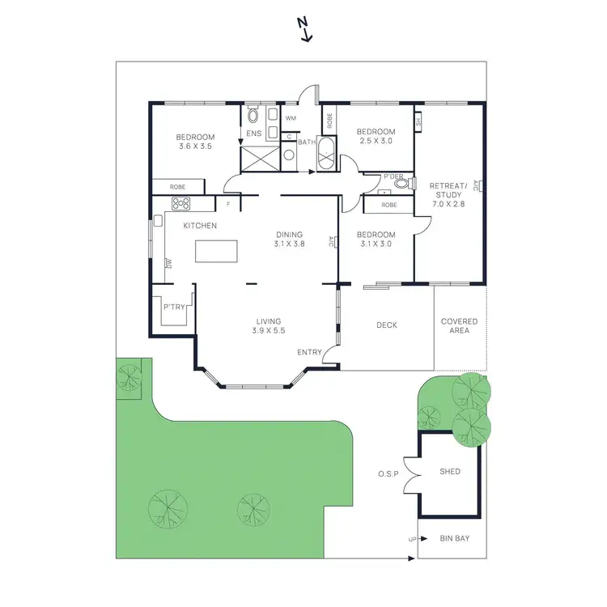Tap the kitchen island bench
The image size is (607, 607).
click(x=218, y=252)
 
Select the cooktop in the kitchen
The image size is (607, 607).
click(x=180, y=204)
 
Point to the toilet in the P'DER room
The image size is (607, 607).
click(x=401, y=184)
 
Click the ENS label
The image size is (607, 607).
click(x=253, y=134)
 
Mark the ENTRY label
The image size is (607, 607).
click(x=308, y=352)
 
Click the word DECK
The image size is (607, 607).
click(x=387, y=325)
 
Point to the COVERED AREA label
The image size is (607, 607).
click(x=459, y=326)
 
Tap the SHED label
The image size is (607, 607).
click(x=449, y=472)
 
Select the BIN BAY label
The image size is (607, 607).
click(x=454, y=538)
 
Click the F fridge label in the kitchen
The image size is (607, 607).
click(x=229, y=205)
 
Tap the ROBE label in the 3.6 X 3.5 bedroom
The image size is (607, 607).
click(x=177, y=187)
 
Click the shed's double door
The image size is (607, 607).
click(x=412, y=473)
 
